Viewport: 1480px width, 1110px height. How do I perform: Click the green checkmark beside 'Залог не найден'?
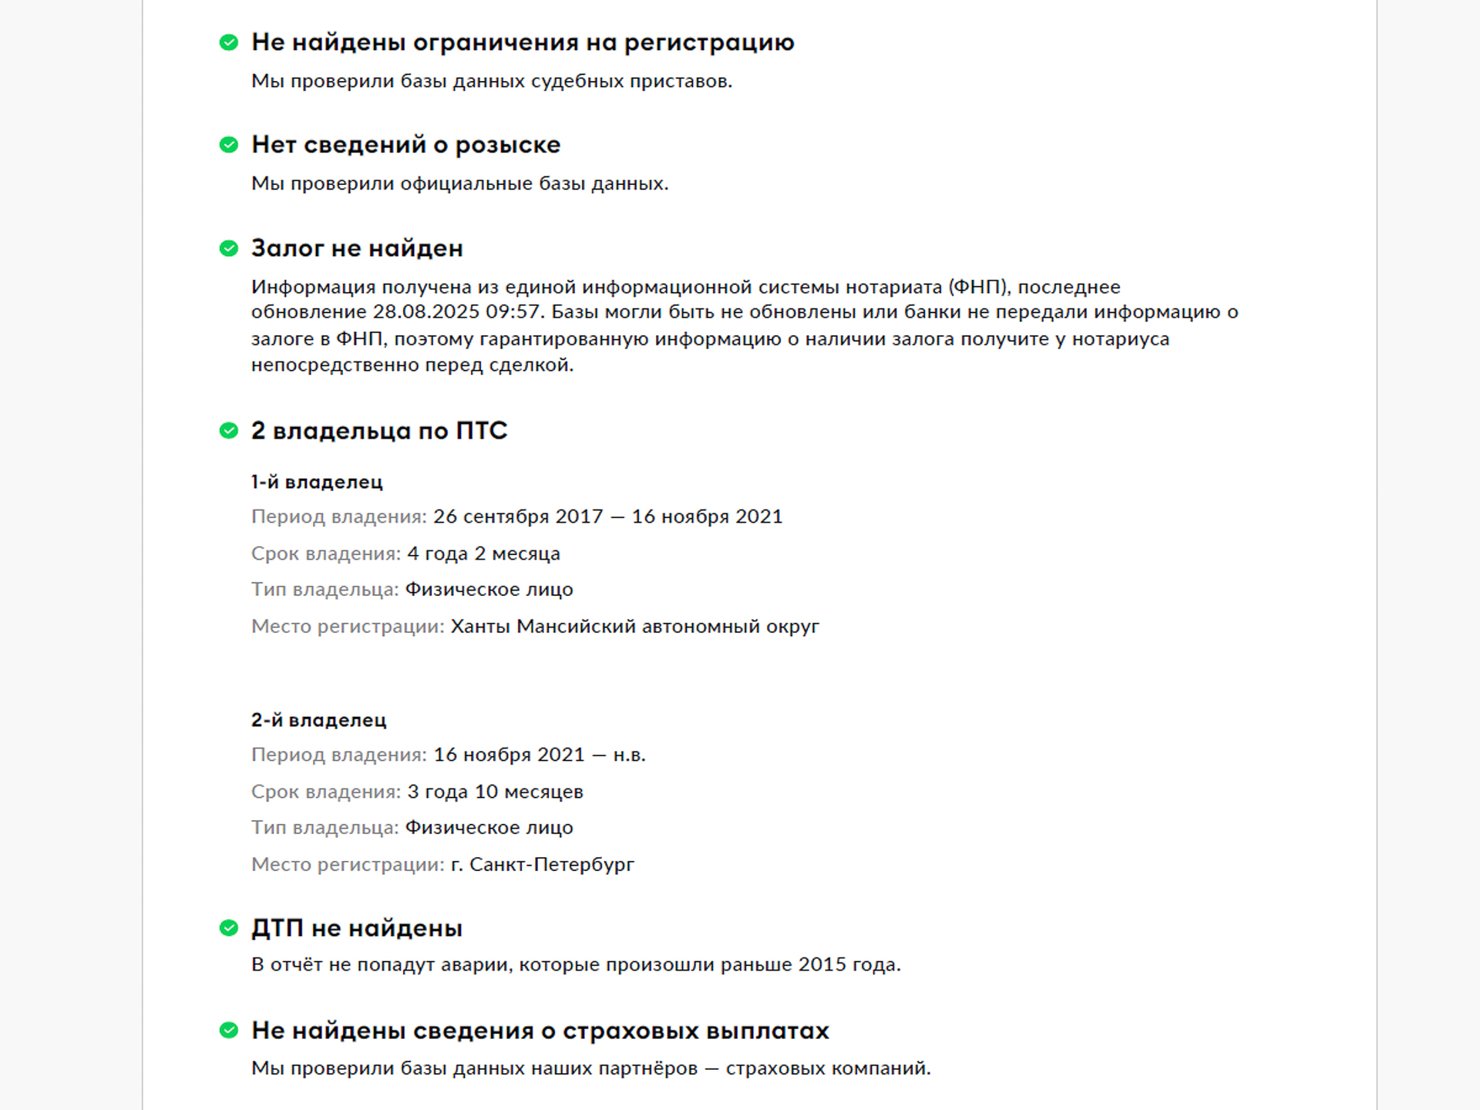(229, 248)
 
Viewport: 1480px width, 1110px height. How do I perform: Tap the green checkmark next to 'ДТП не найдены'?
(229, 928)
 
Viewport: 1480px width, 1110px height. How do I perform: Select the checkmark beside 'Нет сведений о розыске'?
(229, 145)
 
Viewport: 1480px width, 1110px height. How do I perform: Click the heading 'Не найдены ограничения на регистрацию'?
(523, 42)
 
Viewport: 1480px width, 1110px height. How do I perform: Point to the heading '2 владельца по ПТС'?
(379, 430)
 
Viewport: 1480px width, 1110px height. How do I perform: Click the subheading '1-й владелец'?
(317, 482)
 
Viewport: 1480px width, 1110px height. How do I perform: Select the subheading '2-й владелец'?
(318, 720)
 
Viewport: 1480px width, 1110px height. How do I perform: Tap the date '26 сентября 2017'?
(518, 516)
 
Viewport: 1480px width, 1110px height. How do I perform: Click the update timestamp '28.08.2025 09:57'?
(459, 312)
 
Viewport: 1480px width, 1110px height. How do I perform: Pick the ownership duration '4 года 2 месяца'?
(483, 553)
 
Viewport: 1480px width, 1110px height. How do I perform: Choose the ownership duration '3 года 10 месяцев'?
(495, 792)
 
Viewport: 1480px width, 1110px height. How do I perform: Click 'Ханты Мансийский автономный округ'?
(634, 626)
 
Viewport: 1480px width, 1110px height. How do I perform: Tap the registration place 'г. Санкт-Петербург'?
(543, 864)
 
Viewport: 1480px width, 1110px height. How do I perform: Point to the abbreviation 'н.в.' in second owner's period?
(629, 755)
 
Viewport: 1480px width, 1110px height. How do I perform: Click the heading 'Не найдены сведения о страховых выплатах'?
(540, 1031)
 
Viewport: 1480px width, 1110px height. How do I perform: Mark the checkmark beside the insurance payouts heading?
(229, 1031)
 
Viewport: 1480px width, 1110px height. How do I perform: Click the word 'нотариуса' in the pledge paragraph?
(1120, 338)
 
